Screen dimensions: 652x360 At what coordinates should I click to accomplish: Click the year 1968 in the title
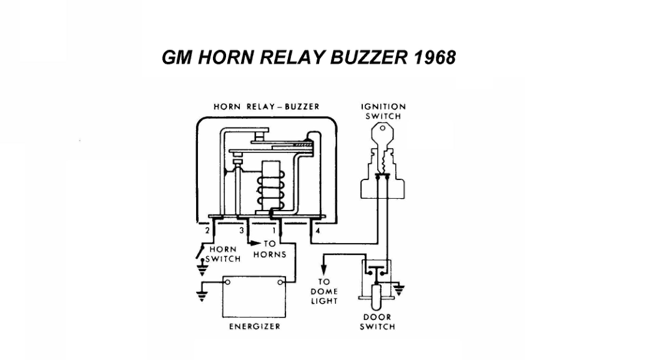coord(435,57)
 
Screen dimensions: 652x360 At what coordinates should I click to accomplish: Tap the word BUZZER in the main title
coord(369,57)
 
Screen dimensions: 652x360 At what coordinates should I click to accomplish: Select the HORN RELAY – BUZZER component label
coord(267,106)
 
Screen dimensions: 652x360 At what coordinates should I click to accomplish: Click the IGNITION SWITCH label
coord(383,111)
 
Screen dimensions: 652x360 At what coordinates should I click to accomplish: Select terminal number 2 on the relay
coord(207,231)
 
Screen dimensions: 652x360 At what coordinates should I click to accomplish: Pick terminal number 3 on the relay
coord(241,231)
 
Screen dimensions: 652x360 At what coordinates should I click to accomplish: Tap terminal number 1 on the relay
coord(274,231)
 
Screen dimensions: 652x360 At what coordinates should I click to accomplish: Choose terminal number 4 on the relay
coord(318,231)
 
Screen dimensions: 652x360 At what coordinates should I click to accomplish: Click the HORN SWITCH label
coord(223,254)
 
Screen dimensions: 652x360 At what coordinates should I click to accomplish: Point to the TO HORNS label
coord(269,249)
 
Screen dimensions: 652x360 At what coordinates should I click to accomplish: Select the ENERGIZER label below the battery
coord(254,326)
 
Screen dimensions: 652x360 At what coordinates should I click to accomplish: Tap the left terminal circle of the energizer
coord(227,282)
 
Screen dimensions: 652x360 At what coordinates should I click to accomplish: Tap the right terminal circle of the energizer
coord(280,282)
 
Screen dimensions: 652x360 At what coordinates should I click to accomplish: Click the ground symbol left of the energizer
coord(202,296)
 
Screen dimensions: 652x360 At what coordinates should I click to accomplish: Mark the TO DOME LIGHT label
coord(324,291)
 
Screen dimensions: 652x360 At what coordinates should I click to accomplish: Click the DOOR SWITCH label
coord(377,322)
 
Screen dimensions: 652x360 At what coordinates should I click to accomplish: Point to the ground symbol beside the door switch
coord(399,290)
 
